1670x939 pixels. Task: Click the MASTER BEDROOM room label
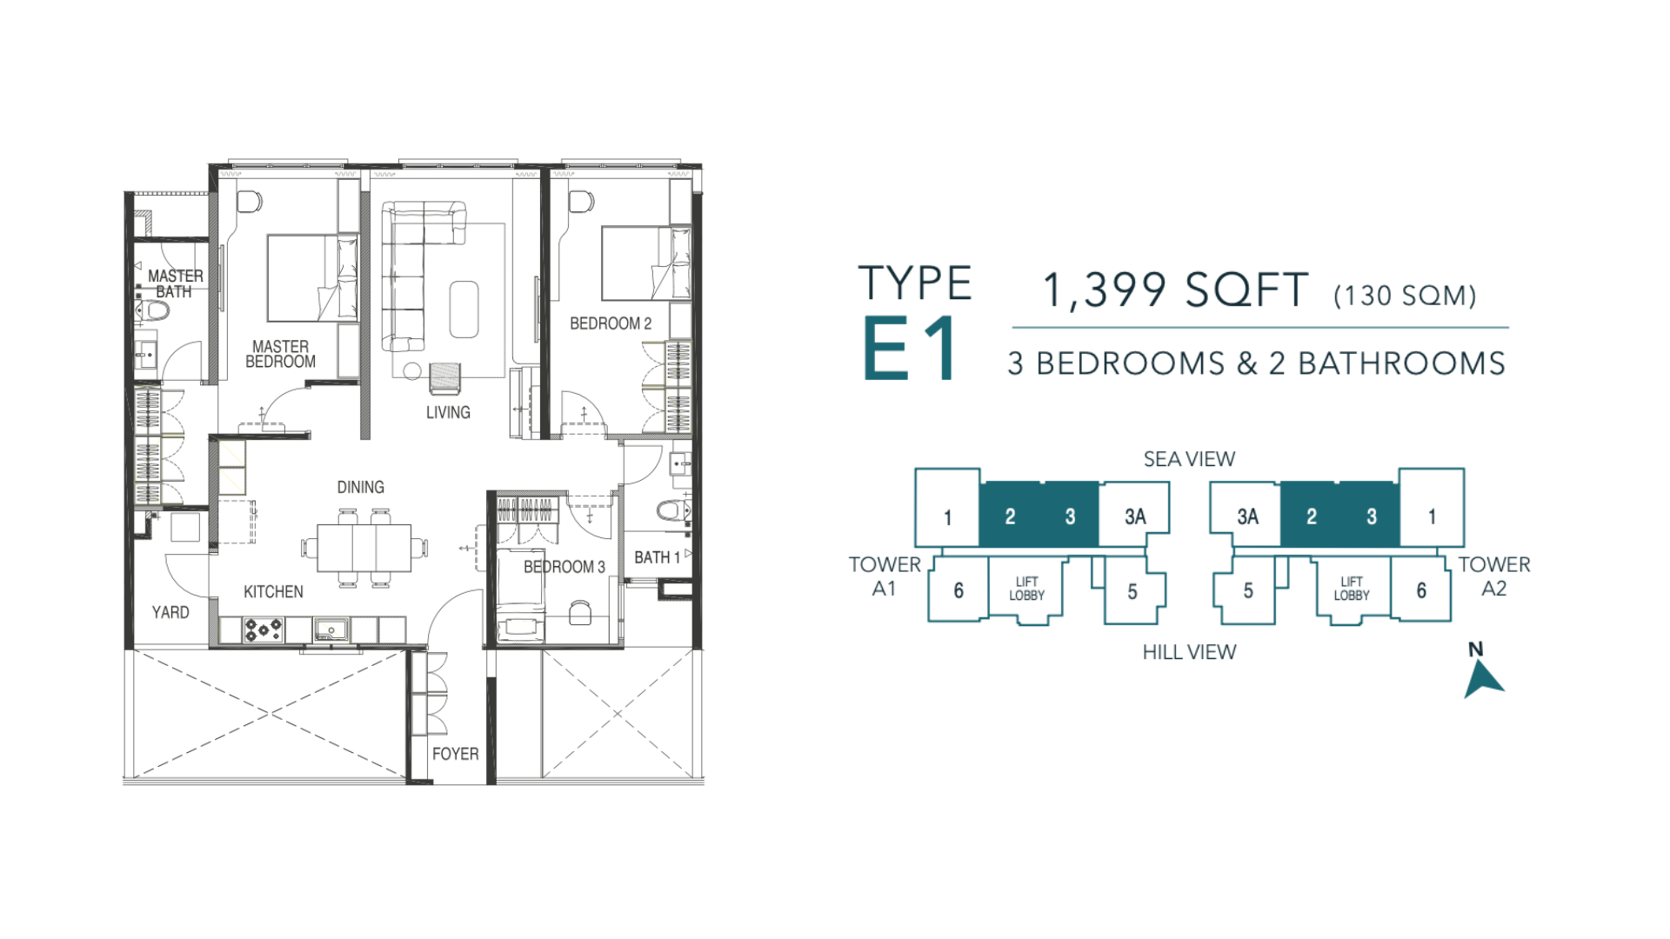click(x=280, y=354)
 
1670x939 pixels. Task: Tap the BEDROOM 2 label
click(x=611, y=323)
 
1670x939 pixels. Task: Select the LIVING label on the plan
click(x=448, y=412)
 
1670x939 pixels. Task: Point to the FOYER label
click(x=456, y=754)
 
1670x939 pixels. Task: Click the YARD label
click(x=170, y=612)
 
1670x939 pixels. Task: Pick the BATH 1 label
click(x=657, y=557)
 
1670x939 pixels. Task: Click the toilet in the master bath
click(x=155, y=310)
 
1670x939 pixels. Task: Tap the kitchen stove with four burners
click(x=263, y=629)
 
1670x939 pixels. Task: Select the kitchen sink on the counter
click(x=331, y=629)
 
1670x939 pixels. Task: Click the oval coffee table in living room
click(x=464, y=309)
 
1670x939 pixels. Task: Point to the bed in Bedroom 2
click(x=646, y=263)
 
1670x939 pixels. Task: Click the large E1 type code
click(x=911, y=348)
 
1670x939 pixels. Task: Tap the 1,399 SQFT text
click(x=1175, y=290)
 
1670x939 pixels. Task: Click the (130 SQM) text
click(x=1405, y=296)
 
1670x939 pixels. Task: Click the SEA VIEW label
click(x=1189, y=459)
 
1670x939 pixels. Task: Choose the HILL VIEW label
click(x=1189, y=652)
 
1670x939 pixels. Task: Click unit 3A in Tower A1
click(x=1134, y=516)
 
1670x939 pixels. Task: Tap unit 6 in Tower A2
click(x=1421, y=590)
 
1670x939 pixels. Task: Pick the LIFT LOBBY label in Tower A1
click(x=1026, y=589)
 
